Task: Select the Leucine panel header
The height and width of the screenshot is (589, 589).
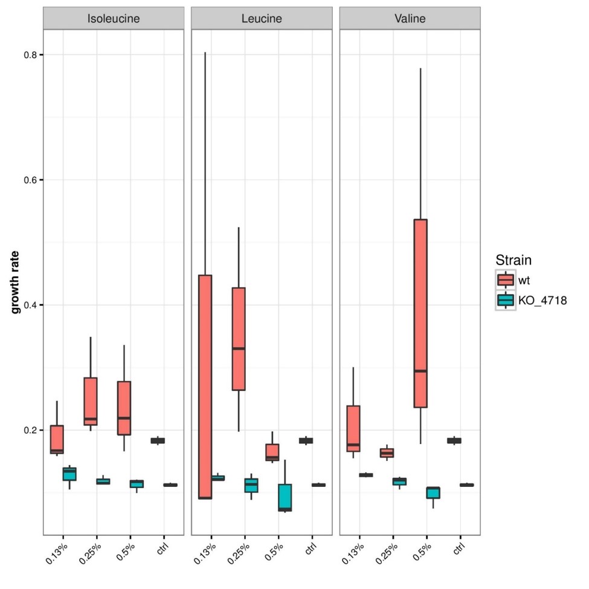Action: click(x=262, y=18)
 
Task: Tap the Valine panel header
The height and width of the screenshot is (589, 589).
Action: click(x=410, y=18)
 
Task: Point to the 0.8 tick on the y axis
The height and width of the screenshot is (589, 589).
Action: click(x=28, y=55)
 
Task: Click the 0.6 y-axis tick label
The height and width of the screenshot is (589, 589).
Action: click(x=28, y=180)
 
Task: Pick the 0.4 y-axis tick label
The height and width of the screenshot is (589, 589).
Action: click(x=28, y=305)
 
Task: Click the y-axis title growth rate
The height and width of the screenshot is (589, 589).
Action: click(x=16, y=282)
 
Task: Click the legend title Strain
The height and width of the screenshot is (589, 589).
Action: click(x=513, y=261)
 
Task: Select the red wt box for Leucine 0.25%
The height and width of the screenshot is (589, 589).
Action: click(x=239, y=339)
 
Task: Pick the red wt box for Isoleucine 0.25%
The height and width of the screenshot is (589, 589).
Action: click(x=91, y=401)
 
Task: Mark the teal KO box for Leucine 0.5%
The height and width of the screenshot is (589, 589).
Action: click(x=285, y=497)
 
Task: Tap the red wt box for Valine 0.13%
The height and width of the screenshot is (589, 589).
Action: click(x=353, y=428)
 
